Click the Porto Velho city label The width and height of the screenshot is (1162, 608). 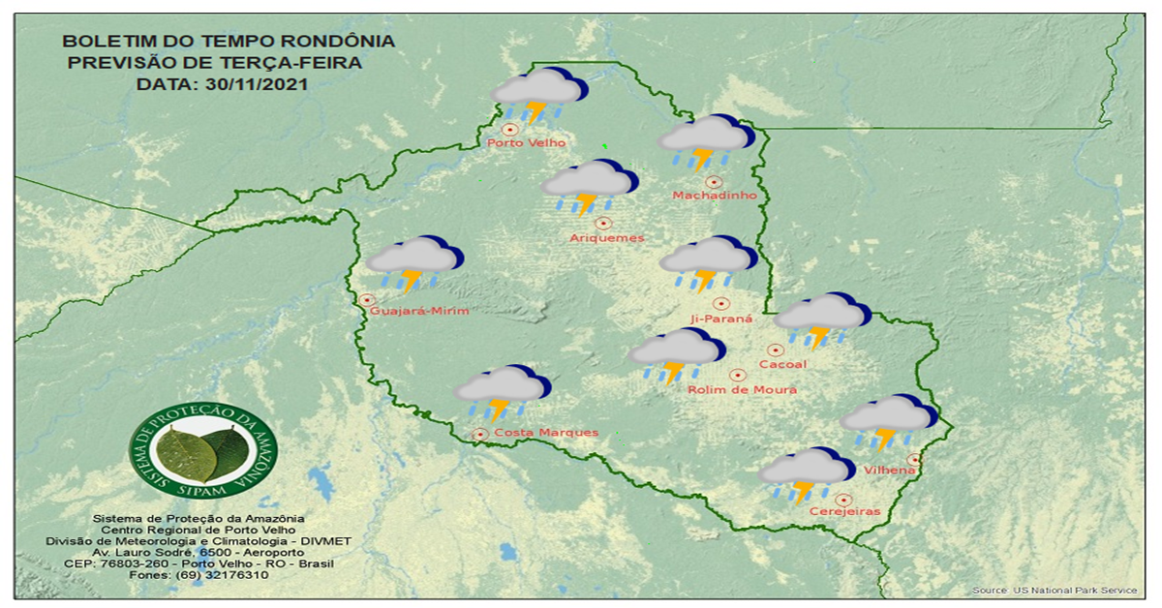(x=526, y=143)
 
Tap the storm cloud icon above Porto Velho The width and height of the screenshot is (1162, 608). (x=538, y=95)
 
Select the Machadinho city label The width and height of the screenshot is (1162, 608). (x=714, y=197)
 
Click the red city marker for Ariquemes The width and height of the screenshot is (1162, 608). (x=604, y=223)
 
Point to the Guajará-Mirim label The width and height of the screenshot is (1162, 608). (x=419, y=311)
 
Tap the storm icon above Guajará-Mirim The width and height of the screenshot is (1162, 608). (x=414, y=262)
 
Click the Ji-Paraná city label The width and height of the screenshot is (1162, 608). (x=721, y=319)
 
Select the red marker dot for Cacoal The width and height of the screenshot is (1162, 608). (x=775, y=350)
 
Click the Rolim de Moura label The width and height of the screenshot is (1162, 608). (x=742, y=389)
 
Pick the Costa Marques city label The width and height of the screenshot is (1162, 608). (x=545, y=433)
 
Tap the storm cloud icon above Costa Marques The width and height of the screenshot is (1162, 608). (x=502, y=391)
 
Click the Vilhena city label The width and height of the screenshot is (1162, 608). (x=890, y=471)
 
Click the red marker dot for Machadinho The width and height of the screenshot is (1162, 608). (x=714, y=181)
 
